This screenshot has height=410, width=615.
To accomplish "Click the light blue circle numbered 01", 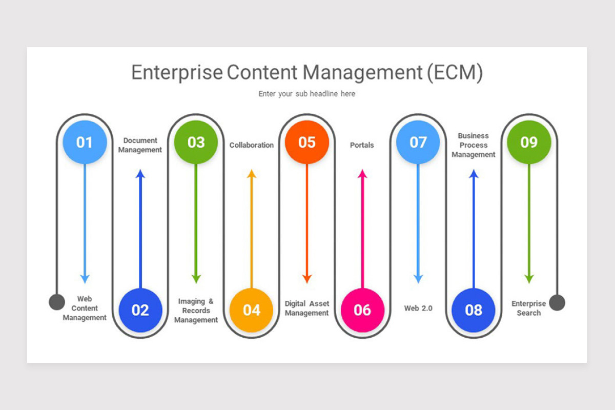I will pos(85,142).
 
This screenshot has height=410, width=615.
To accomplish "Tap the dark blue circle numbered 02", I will pos(140,310).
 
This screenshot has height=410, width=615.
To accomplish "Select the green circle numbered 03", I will pos(196,142).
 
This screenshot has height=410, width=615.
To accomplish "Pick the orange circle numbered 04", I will pos(251,310).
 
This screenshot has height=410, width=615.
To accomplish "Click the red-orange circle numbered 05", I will pos(306,142).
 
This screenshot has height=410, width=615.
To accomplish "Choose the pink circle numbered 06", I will pos(362,310).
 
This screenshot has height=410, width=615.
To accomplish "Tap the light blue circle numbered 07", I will pos(418,142).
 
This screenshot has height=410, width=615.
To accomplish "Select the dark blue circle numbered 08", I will pos(474,310).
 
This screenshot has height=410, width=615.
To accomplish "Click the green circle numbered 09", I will pos(529,142).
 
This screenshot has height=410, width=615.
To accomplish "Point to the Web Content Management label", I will pos(85,308).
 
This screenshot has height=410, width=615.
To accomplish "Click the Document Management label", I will pos(140,145).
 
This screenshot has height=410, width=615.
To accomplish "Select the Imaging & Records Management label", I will pos(196,311).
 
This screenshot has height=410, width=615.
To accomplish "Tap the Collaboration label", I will pos(251,145).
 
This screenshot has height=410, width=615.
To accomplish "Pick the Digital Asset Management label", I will pos(306,308).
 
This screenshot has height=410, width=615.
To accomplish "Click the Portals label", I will pos(362,145).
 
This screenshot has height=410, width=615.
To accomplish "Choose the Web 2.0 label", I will pos(418,308).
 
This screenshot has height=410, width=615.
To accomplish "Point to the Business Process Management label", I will pos(474,145).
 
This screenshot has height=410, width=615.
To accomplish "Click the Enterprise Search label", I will pos(528,308).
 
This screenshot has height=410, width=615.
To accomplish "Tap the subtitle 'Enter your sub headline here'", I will pos(306,94).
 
